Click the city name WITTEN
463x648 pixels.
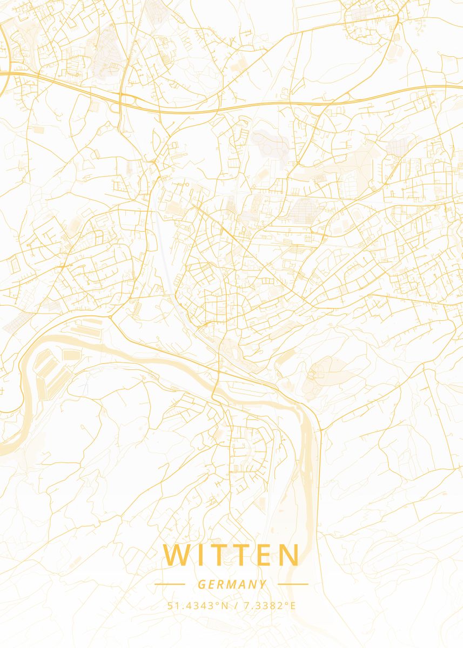231,556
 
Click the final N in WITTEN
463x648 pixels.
289,556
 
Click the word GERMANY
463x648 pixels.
232,584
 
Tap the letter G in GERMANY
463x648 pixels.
201,584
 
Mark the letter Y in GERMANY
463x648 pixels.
263,584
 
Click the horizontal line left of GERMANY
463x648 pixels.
170,584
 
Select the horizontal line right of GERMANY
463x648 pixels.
293,584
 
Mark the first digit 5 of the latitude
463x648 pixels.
170,605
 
